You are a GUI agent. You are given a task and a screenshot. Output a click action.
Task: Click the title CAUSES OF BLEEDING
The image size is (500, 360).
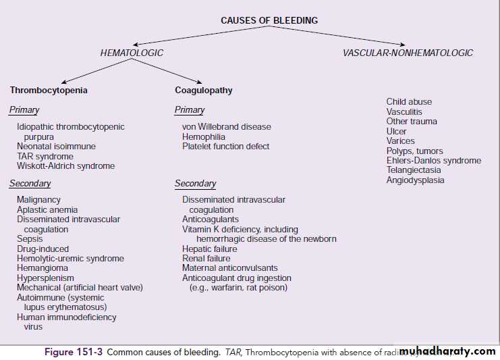pos(269,21)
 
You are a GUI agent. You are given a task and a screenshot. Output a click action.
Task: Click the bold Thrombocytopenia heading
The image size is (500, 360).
pos(49,90)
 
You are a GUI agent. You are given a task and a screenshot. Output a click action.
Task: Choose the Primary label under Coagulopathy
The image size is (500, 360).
pos(189,110)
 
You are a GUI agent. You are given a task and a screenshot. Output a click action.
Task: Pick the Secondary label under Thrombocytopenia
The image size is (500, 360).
pos(30,184)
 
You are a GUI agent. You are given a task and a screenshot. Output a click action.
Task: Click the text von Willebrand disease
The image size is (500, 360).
pos(226,127)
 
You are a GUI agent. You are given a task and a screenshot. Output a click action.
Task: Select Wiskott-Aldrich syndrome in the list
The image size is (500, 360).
pos(65,166)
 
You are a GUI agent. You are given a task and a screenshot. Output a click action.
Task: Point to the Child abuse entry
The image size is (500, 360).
pos(409,102)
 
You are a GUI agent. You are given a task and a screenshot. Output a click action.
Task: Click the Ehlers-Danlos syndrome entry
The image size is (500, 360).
pos(433,161)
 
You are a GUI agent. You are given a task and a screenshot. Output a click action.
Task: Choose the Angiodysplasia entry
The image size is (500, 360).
pos(415,180)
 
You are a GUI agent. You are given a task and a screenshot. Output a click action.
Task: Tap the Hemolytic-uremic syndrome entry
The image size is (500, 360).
pos(70,259)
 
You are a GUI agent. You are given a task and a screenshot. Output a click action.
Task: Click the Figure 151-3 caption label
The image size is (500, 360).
pos(74,352)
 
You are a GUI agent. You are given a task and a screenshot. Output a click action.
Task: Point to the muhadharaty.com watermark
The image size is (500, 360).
pos(447,351)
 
